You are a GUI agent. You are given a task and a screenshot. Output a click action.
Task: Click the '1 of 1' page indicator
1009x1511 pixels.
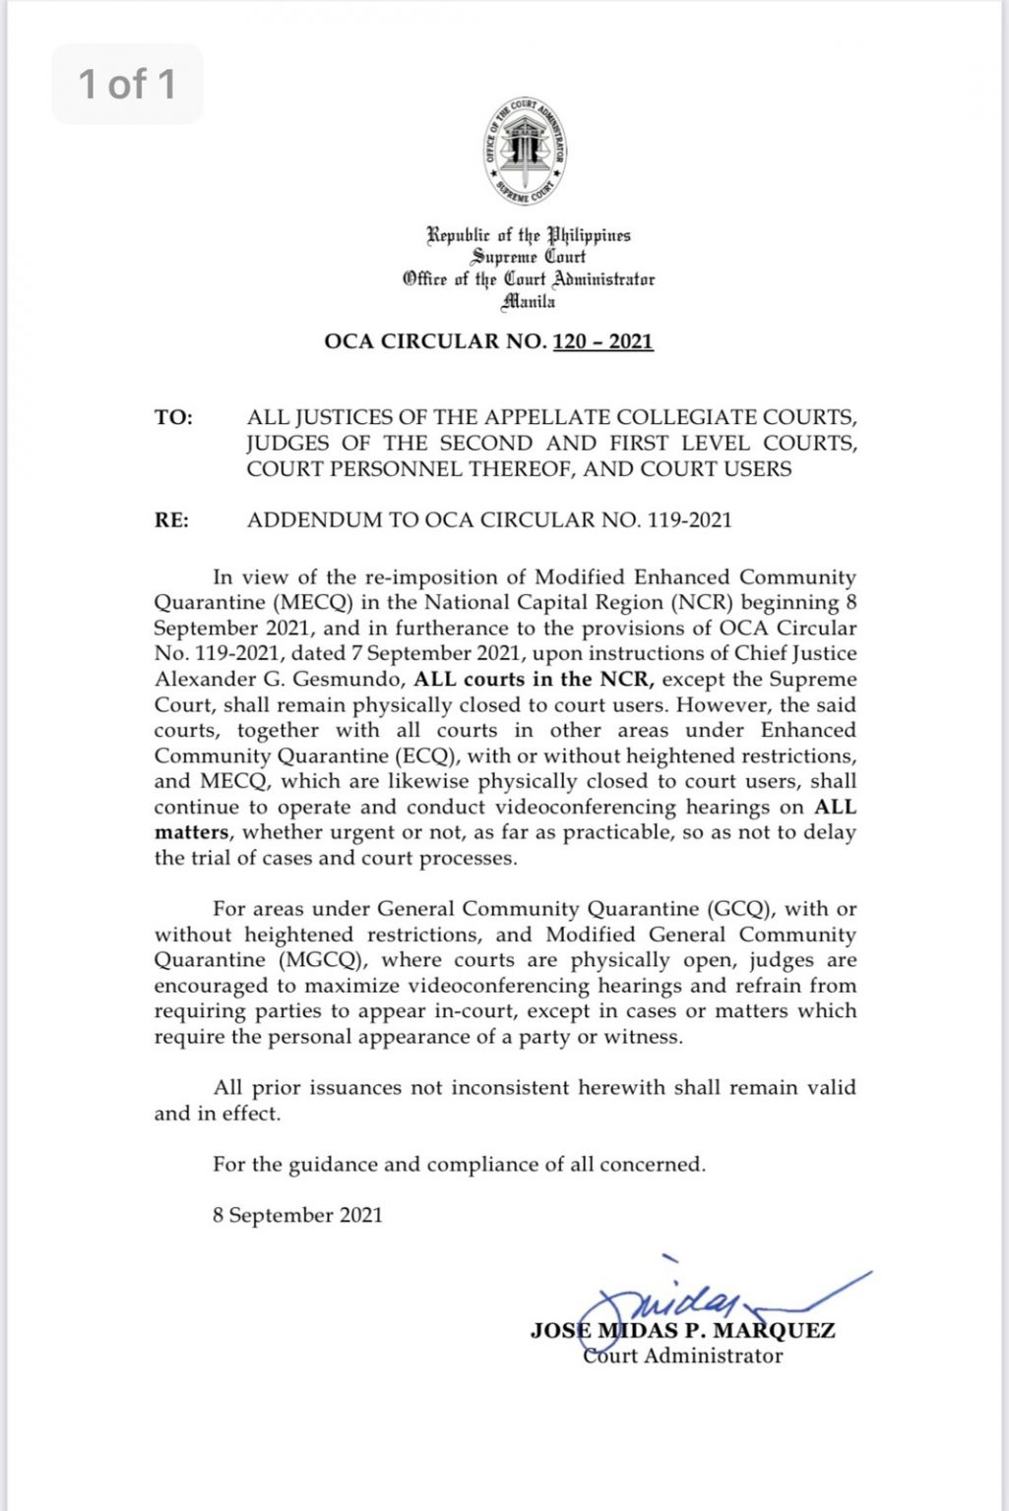127,85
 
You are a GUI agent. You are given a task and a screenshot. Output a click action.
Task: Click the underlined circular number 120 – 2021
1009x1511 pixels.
603,341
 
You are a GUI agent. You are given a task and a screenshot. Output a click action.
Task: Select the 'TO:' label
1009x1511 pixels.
173,418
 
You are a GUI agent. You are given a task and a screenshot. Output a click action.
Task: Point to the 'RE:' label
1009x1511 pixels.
171,520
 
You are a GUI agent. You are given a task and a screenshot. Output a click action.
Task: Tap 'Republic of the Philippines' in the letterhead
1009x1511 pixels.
529,236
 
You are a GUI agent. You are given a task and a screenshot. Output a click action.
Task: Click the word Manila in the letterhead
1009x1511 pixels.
529,302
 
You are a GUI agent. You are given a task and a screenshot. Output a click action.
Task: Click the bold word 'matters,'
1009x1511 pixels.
194,833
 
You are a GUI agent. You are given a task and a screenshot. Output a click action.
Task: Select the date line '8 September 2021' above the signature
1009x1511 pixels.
297,1216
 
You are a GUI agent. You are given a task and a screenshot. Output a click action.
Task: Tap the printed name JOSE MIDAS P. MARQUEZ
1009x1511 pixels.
682,1331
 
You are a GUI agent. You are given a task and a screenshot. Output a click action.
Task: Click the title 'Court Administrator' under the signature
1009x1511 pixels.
682,1357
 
